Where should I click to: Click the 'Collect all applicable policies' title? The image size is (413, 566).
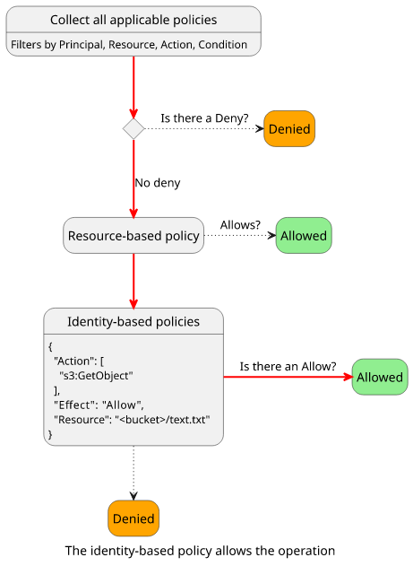coord(133,20)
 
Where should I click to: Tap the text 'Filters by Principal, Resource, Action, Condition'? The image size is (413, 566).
coord(129,44)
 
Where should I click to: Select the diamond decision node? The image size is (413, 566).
coord(133,129)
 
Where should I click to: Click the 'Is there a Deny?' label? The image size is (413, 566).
coord(204,118)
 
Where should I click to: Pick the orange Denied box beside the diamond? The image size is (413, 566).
coord(289,129)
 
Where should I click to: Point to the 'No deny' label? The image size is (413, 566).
coord(158,183)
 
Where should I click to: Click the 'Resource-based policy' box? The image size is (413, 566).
coord(133,235)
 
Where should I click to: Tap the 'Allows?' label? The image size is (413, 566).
coord(240,225)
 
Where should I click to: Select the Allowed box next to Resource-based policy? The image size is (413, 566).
coord(304,235)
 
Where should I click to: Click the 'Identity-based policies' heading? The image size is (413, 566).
coord(133,321)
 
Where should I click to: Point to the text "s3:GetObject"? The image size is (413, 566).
coord(96,376)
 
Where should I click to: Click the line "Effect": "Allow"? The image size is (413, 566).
coord(99,405)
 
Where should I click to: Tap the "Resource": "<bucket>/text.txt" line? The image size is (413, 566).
coord(132,420)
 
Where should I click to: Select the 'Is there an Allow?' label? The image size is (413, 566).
coord(288,366)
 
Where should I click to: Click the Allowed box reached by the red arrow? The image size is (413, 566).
coord(380,377)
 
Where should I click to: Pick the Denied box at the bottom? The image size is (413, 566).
coord(133,518)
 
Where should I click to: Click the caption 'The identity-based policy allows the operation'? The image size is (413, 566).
coord(200,551)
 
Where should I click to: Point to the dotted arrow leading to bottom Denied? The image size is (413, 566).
coord(133,473)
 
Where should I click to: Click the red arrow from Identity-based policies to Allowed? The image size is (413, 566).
coord(288,377)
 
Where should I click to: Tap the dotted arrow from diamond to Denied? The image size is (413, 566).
coord(204,129)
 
